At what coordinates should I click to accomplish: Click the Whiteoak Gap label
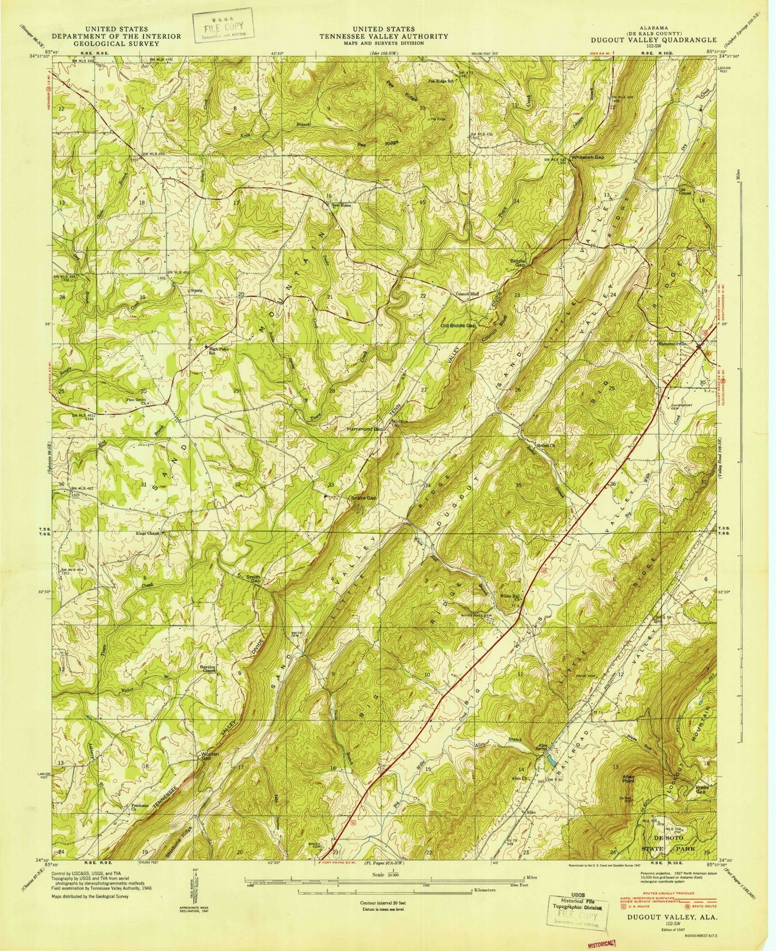point(587,157)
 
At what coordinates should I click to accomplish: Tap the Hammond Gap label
point(365,430)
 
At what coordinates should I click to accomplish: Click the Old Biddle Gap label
point(457,326)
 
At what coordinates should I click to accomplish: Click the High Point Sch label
point(217,351)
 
